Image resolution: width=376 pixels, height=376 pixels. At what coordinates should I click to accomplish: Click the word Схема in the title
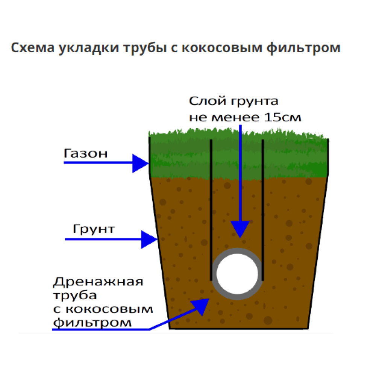tap(33, 47)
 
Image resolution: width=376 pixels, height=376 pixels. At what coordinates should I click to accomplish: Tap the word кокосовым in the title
tap(222, 47)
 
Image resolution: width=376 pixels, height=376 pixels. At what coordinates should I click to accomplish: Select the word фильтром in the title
tap(303, 48)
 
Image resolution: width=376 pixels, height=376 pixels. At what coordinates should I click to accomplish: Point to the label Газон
tap(86, 153)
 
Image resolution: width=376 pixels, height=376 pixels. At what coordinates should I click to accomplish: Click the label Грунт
tap(94, 229)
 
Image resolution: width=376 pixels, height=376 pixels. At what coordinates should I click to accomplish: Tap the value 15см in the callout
tap(282, 117)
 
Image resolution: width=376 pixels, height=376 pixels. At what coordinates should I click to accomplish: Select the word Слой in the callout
tap(208, 101)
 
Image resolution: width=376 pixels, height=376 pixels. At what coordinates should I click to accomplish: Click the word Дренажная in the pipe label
tap(98, 282)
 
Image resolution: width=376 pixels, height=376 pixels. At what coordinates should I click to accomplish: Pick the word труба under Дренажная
tap(75, 296)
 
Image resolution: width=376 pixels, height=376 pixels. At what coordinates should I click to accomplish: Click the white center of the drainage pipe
tap(237, 274)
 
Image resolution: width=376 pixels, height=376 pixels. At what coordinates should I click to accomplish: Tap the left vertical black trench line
tap(211, 210)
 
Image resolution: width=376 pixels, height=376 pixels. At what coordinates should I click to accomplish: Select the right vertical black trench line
tap(263, 210)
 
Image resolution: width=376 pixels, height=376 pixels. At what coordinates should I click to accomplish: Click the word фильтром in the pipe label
tap(92, 323)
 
